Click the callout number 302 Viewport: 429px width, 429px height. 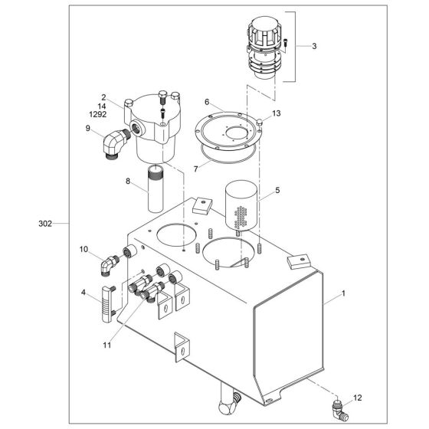tap(45, 224)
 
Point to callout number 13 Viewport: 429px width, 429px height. tap(277, 113)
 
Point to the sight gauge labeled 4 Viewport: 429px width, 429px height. tap(108, 293)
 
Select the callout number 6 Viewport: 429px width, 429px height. tap(207, 102)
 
